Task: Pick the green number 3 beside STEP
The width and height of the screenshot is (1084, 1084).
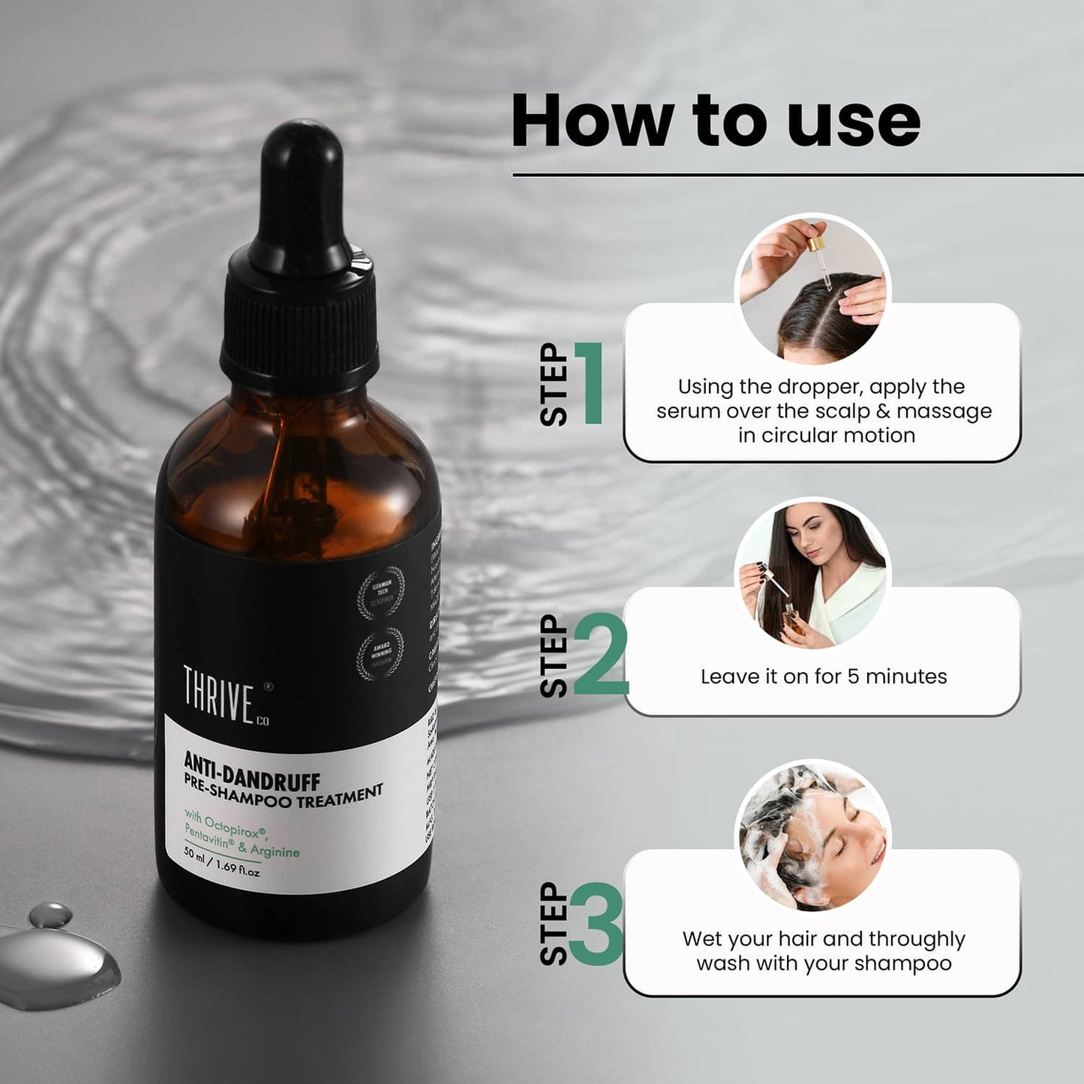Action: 596,925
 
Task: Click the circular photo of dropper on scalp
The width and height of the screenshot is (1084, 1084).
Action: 812,290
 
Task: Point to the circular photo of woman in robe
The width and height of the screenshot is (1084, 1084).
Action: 812,574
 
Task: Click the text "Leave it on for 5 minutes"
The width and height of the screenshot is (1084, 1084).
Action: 823,677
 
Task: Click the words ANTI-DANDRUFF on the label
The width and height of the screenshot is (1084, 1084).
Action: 252,773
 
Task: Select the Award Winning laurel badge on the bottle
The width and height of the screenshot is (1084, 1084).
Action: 380,653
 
